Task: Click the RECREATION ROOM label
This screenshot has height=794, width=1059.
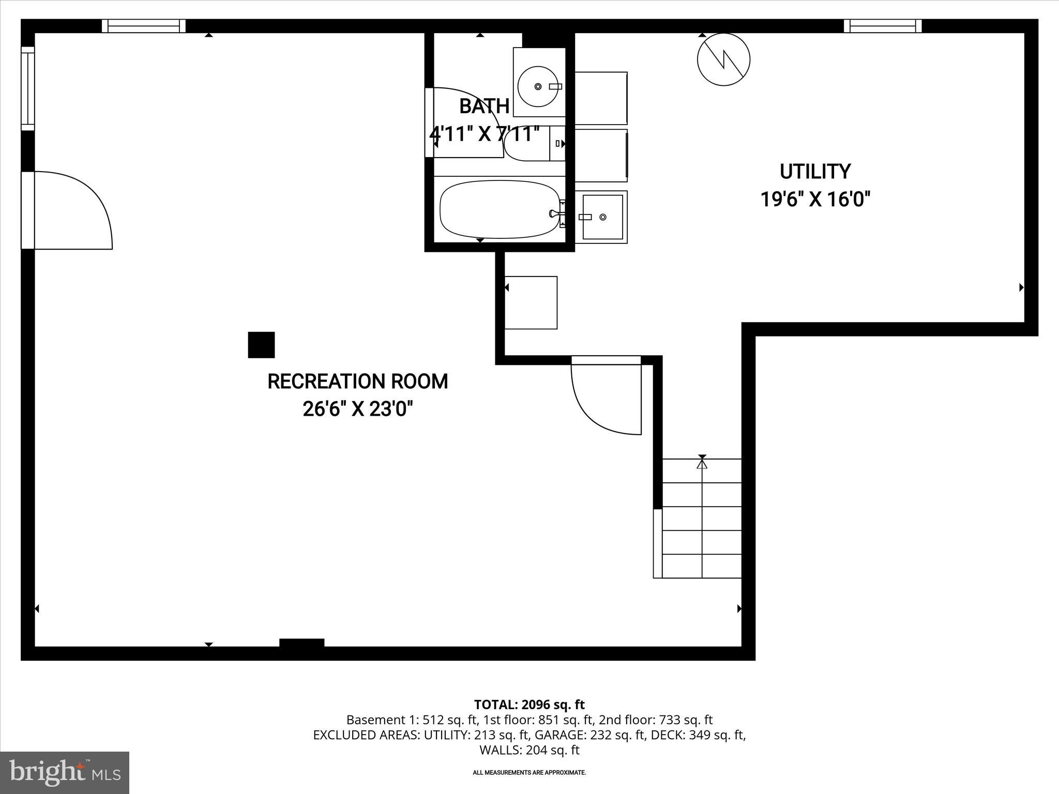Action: pyautogui.click(x=357, y=381)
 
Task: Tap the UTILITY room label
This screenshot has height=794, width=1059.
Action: pyautogui.click(x=815, y=172)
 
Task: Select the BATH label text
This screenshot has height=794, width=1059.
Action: pyautogui.click(x=484, y=106)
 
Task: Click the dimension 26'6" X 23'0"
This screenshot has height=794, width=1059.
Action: pyautogui.click(x=358, y=409)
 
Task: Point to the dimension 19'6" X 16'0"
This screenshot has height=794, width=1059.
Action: pyautogui.click(x=815, y=199)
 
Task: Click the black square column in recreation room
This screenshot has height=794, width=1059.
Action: pyautogui.click(x=261, y=345)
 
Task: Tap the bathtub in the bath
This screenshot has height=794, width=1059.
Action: pyautogui.click(x=500, y=209)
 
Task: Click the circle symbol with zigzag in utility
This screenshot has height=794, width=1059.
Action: pyautogui.click(x=723, y=59)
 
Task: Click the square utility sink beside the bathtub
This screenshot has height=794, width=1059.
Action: pyautogui.click(x=602, y=217)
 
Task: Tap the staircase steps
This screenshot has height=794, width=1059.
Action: pyautogui.click(x=701, y=518)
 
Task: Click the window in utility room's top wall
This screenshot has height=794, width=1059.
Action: pyautogui.click(x=882, y=26)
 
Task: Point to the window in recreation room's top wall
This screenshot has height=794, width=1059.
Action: pyautogui.click(x=143, y=26)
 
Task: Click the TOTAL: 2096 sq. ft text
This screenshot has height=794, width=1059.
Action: pyautogui.click(x=529, y=705)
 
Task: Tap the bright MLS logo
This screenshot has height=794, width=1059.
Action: pyautogui.click(x=65, y=772)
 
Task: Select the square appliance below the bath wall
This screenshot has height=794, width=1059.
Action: pyautogui.click(x=531, y=302)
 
